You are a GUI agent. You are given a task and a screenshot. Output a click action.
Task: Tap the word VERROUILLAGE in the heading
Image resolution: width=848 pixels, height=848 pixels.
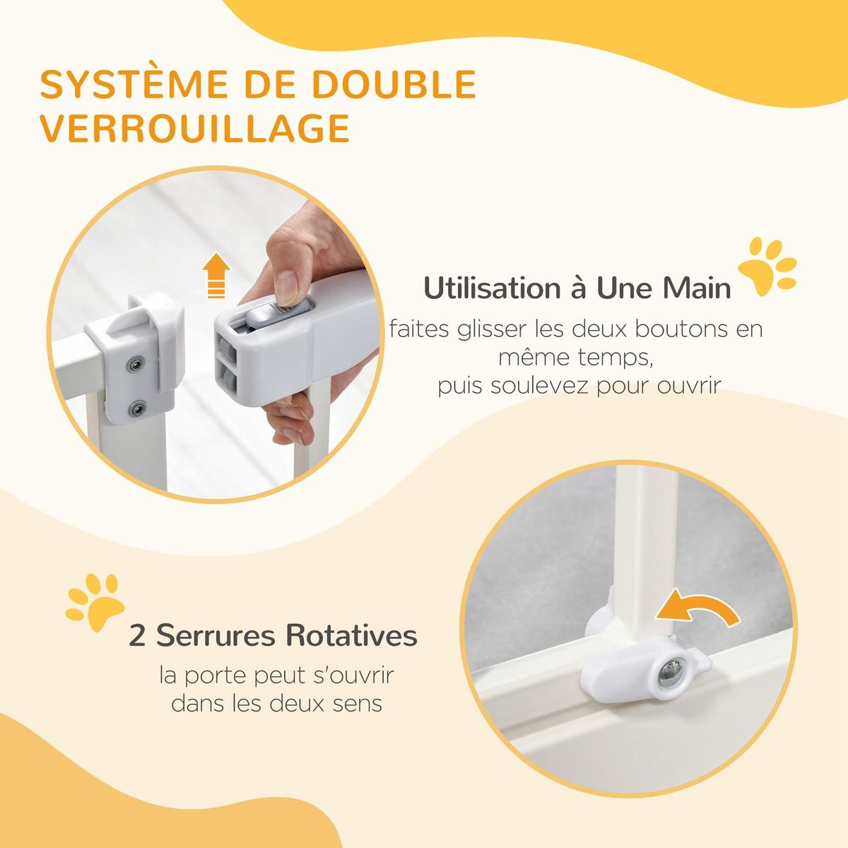pos(194,128)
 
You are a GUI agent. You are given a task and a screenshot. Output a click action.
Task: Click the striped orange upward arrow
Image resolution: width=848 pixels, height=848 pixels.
pos(216,277)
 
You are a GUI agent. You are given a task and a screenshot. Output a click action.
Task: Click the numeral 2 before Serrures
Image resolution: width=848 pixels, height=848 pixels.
pos(137,635)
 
